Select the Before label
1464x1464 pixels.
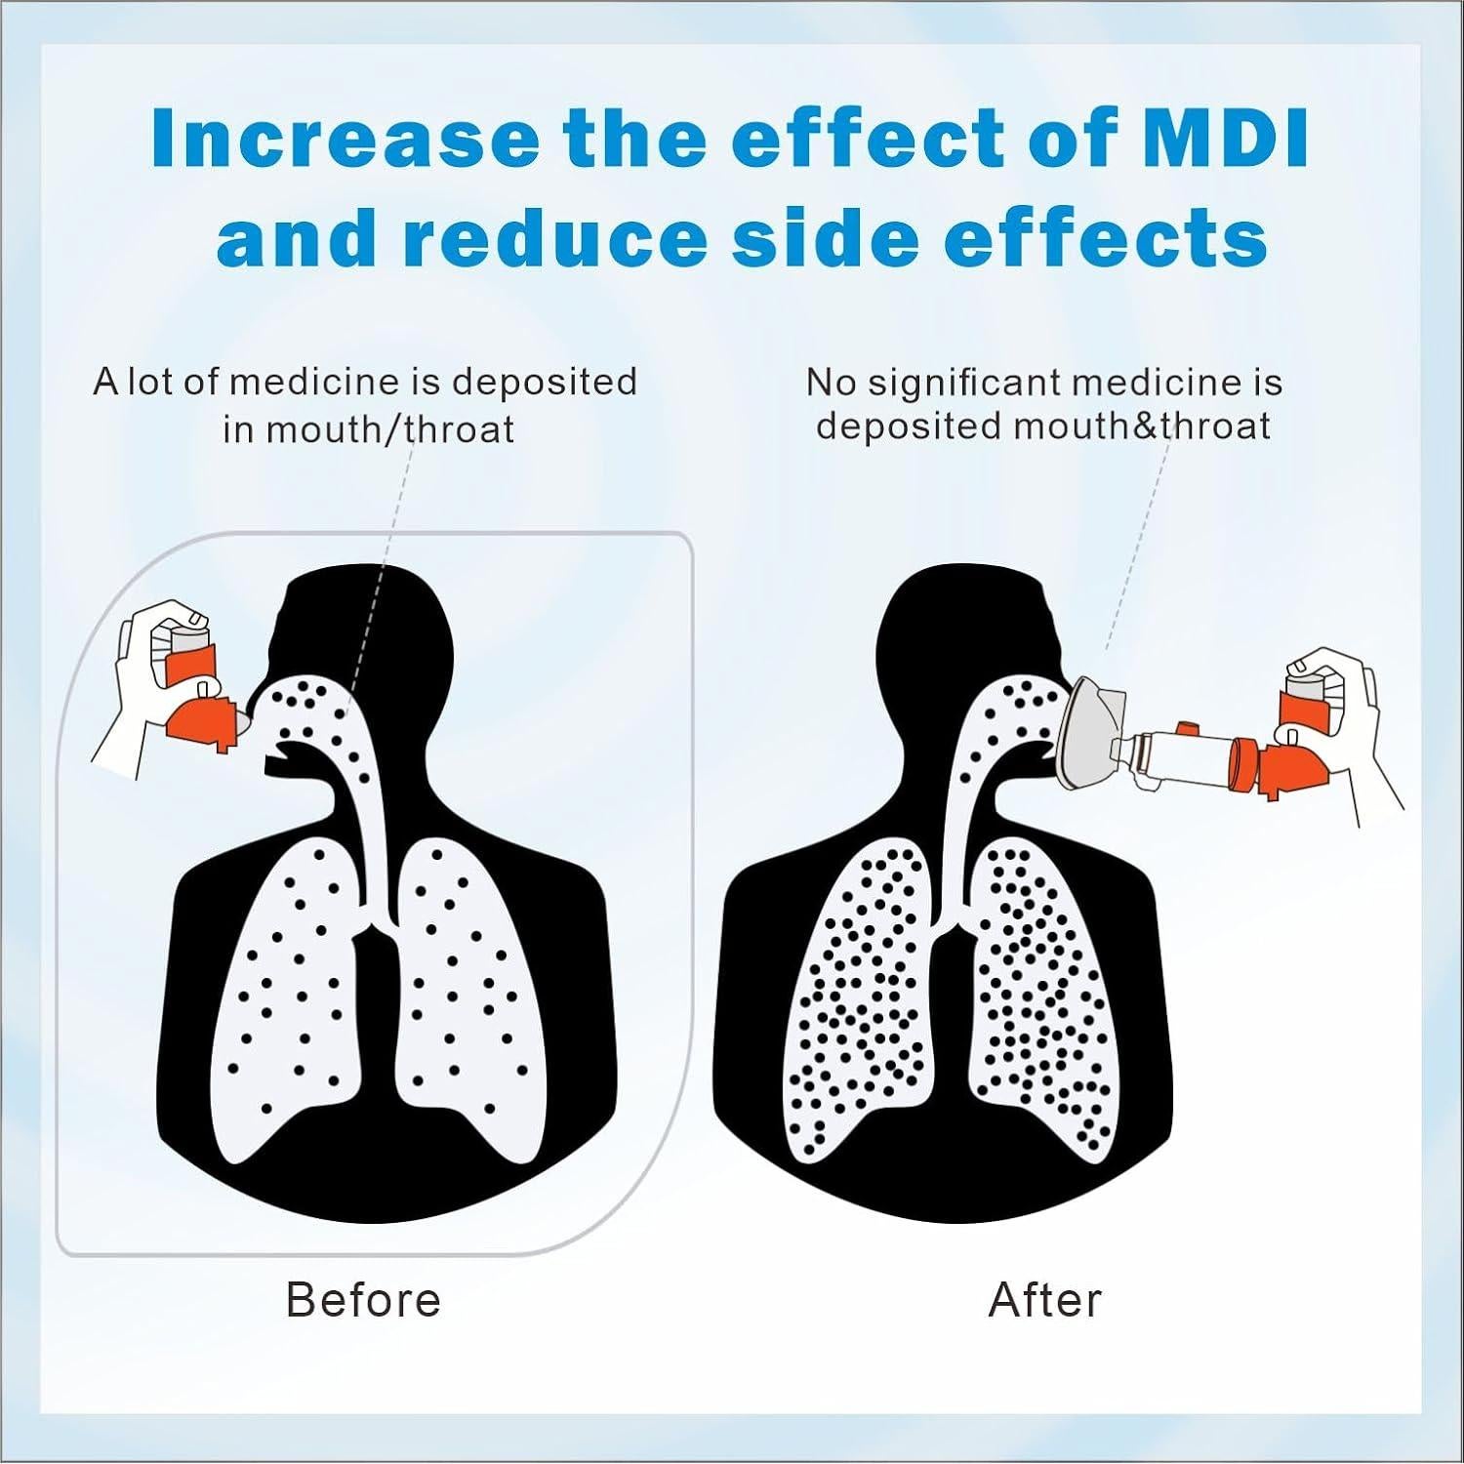(x=363, y=1300)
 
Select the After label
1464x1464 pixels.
(x=1044, y=1300)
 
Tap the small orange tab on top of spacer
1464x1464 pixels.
(x=1188, y=729)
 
